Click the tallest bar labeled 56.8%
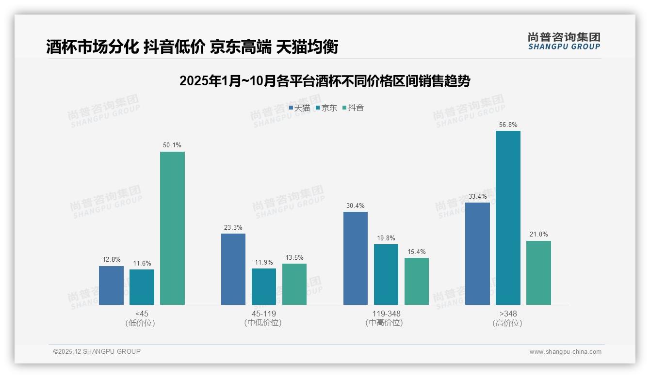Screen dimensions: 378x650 click(x=508, y=218)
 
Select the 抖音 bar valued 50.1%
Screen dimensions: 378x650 click(x=172, y=228)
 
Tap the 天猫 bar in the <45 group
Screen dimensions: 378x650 click(x=111, y=285)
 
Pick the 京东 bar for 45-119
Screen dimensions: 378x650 click(x=264, y=286)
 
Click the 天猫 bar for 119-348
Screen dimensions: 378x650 click(x=356, y=258)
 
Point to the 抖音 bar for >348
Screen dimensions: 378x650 click(x=538, y=273)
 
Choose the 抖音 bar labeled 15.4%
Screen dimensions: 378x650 click(x=417, y=281)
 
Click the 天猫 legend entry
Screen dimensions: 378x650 click(x=299, y=108)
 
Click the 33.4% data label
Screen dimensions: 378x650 click(x=477, y=196)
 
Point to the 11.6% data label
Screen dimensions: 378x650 click(x=142, y=263)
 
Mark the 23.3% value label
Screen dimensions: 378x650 click(x=233, y=227)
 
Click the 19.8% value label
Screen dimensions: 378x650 click(x=386, y=238)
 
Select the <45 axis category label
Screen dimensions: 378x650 click(x=142, y=314)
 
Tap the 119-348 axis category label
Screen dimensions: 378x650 click(x=386, y=314)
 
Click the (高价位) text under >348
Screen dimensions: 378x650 click(x=507, y=323)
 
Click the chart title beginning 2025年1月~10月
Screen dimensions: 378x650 click(x=325, y=81)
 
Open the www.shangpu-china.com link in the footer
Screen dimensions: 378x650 click(x=565, y=352)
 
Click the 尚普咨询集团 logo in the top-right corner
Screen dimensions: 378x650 click(x=564, y=41)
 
